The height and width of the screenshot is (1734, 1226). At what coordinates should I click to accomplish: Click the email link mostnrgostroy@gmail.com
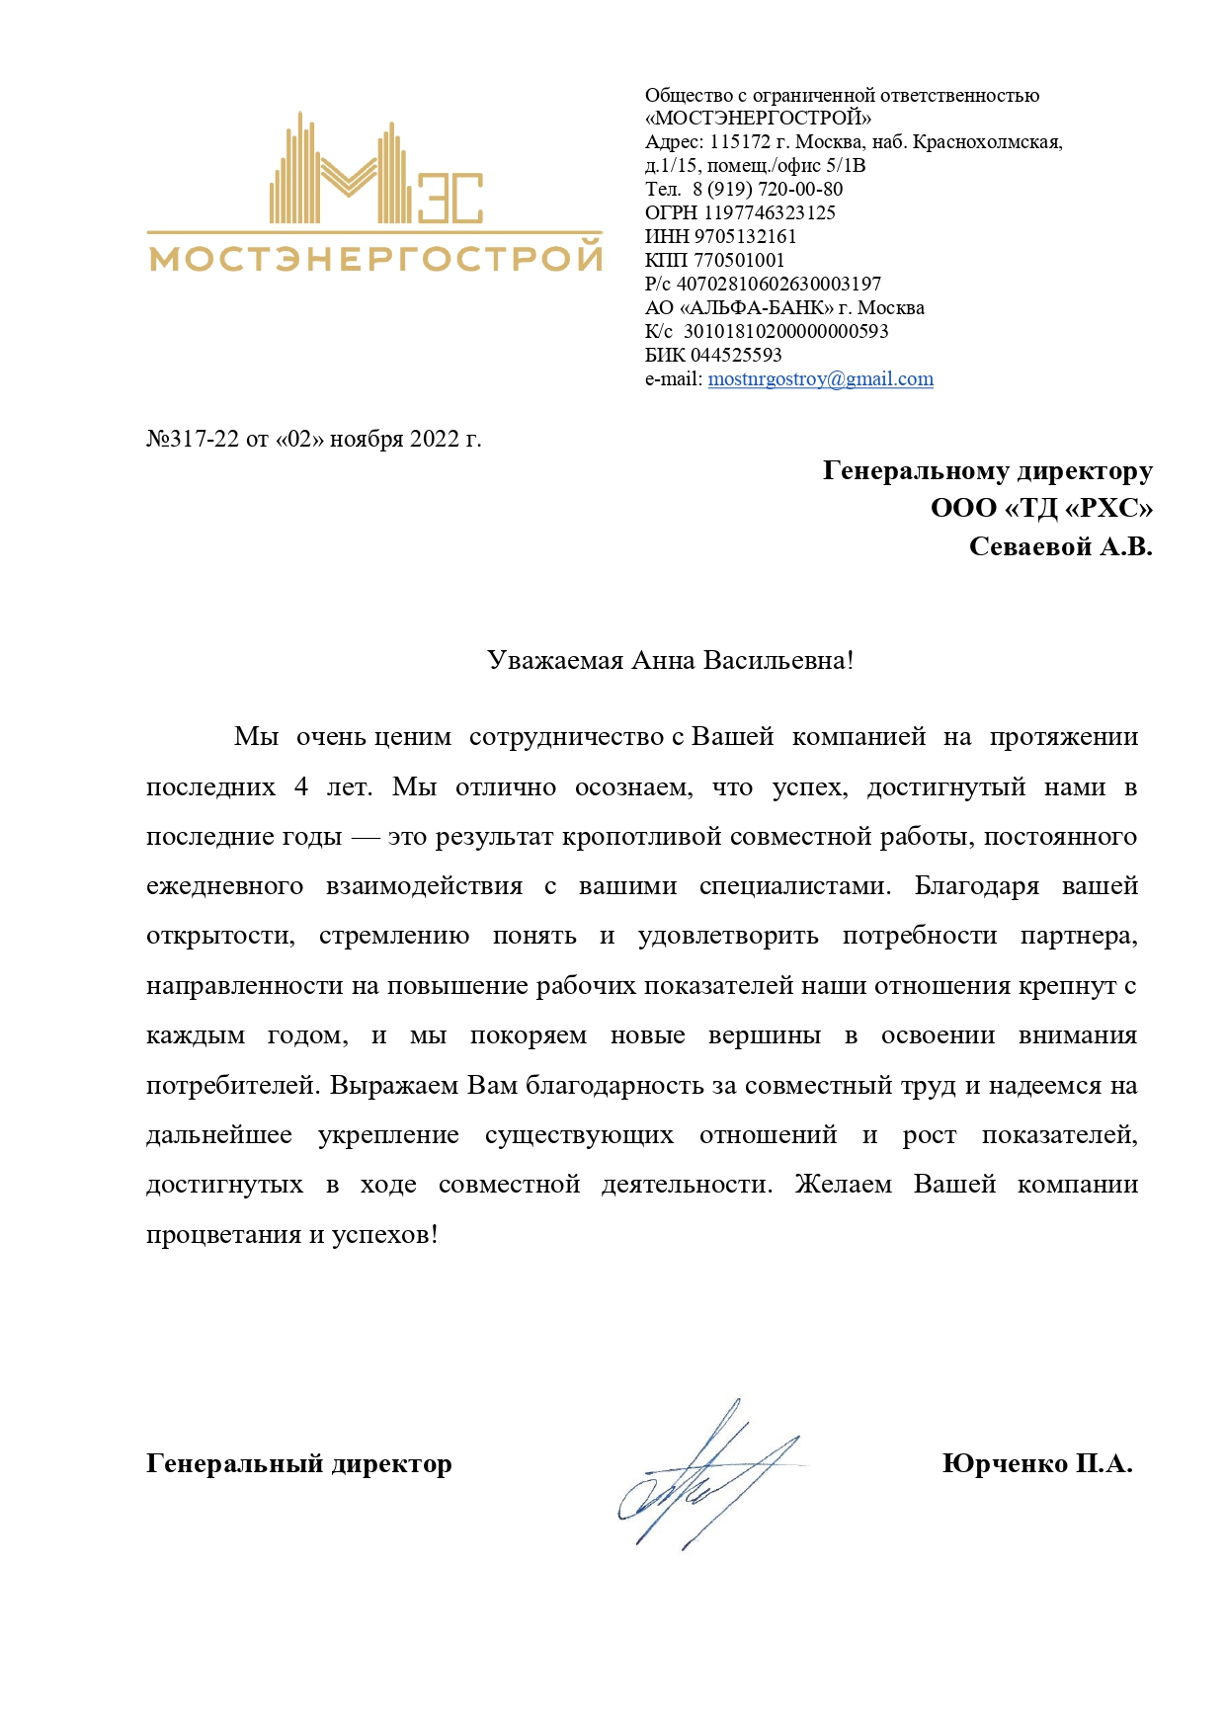(820, 379)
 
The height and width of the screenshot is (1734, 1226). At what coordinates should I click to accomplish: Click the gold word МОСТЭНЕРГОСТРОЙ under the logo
(375, 259)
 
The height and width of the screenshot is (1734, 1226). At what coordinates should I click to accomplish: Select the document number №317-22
(193, 439)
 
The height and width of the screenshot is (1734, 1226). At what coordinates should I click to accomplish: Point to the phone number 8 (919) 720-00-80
(768, 190)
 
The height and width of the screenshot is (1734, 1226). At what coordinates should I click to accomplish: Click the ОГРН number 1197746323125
(770, 213)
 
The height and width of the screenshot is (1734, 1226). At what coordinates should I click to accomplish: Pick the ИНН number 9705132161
(745, 237)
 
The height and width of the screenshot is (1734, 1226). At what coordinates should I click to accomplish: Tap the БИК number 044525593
(736, 356)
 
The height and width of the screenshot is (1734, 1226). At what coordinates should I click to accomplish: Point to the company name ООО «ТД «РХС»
(1041, 509)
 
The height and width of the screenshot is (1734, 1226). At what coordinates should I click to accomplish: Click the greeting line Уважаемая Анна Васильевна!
(670, 661)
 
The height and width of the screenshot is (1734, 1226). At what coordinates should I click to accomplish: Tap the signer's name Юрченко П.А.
(1037, 1463)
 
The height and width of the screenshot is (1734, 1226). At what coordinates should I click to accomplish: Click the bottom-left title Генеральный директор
(298, 1463)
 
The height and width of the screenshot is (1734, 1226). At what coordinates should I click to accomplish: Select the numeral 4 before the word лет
(301, 787)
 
